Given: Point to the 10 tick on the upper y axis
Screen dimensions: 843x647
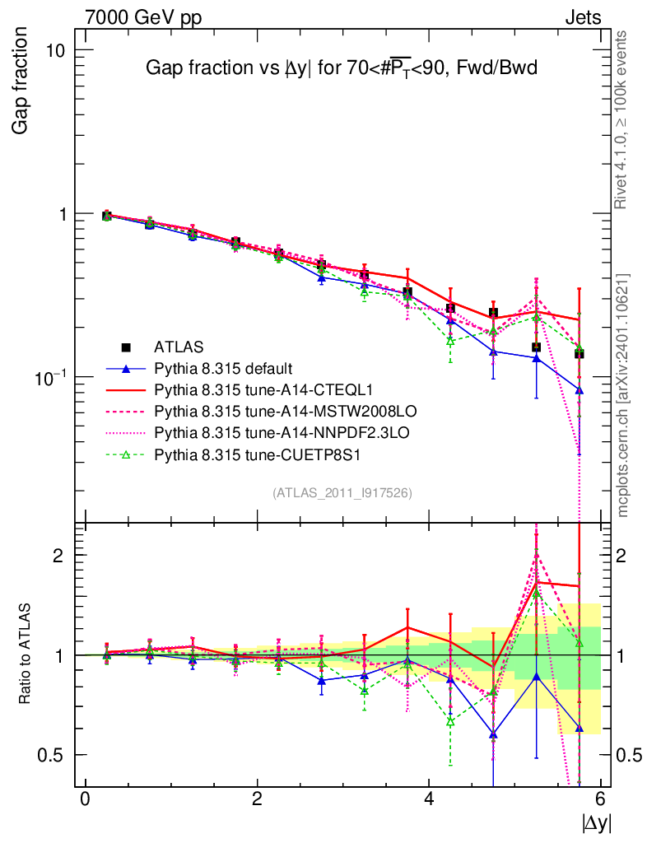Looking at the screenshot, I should [54, 50].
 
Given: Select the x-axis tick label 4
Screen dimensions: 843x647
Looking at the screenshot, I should [429, 799].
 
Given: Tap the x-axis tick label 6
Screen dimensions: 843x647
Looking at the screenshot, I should [601, 799].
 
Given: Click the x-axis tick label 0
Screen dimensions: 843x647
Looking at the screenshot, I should [85, 799].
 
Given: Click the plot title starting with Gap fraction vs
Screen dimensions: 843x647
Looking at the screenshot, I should [341, 68].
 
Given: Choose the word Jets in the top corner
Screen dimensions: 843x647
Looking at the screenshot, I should [582, 17].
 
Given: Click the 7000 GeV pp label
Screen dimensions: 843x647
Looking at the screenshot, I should [143, 17].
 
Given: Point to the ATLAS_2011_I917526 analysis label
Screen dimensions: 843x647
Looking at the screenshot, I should [342, 492].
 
